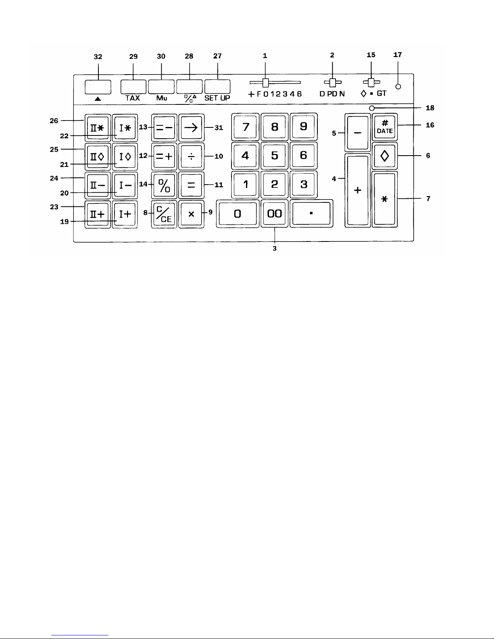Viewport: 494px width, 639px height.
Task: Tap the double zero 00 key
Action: pos(274,214)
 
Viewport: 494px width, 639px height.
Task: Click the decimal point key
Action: pos(311,214)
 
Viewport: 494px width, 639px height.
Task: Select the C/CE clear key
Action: pos(164,214)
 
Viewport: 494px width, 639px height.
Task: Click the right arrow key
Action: pos(192,128)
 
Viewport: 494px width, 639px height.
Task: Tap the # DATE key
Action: pos(385,127)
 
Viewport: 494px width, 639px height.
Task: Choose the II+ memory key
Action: pos(98,214)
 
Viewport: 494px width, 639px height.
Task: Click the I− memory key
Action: pos(125,185)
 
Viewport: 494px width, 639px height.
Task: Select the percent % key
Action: pos(164,185)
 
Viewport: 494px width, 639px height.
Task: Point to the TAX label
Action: pos(133,98)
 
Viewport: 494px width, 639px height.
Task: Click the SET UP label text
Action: pos(217,98)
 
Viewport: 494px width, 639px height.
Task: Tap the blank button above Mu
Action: pos(161,87)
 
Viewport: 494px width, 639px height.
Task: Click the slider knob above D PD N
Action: pos(333,83)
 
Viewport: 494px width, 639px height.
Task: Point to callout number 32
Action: pos(98,57)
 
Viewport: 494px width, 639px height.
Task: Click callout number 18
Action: pos(430,108)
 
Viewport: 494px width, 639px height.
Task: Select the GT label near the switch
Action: pos(381,94)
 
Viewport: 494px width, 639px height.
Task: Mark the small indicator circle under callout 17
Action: pos(398,87)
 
